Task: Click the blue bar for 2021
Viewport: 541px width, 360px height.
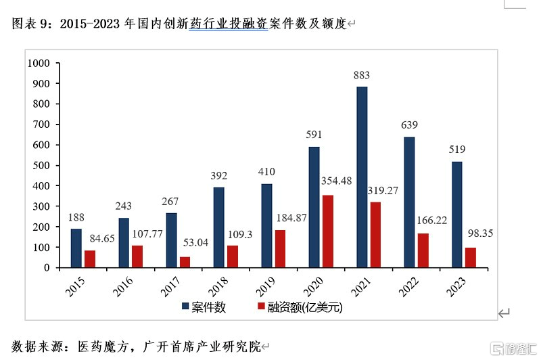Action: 362,177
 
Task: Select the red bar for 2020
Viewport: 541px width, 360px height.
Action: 327,231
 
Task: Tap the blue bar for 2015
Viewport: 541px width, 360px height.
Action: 76,248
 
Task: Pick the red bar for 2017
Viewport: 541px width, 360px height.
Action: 185,262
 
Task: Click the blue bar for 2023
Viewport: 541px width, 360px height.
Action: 456,215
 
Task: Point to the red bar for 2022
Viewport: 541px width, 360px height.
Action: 423,250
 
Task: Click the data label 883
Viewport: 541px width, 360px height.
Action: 362,75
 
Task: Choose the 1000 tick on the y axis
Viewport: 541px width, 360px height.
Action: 39,63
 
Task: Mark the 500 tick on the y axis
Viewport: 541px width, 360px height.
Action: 42,165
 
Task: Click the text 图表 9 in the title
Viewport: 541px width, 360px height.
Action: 31,24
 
